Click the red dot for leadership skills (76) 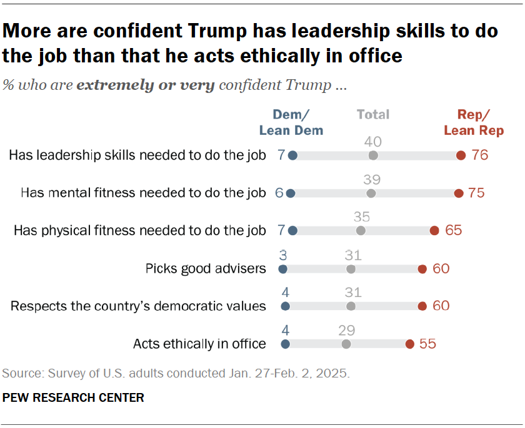tap(461, 155)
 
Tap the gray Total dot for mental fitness tap(371, 193)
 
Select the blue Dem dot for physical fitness tap(293, 231)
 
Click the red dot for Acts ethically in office tap(409, 344)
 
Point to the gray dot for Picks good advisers tap(351, 269)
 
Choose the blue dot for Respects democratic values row tap(286, 306)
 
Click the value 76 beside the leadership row tap(480, 155)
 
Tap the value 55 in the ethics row tap(428, 344)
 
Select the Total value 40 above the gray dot tap(373, 142)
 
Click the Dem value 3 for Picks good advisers tap(282, 255)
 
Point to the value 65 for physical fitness tap(454, 231)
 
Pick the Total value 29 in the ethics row tap(346, 330)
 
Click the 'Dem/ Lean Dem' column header tap(291, 122)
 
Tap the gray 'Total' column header tap(373, 114)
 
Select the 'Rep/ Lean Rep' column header tap(473, 122)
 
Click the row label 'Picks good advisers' tap(206, 269)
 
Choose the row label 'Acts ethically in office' tap(199, 344)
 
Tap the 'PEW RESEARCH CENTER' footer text tap(73, 397)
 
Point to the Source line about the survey tap(176, 374)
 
